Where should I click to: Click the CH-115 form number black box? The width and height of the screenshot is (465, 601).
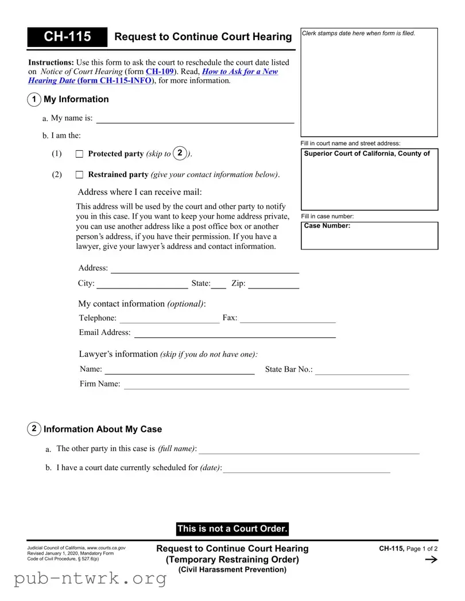pyautogui.click(x=67, y=37)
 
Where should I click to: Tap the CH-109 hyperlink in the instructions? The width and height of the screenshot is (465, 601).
pyautogui.click(x=160, y=72)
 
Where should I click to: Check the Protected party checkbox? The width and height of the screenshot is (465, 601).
pyautogui.click(x=79, y=154)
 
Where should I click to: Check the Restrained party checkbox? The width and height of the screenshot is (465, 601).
pyautogui.click(x=79, y=174)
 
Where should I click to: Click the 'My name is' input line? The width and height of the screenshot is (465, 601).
pyautogui.click(x=195, y=119)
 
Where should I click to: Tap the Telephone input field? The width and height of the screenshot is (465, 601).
pyautogui.click(x=169, y=318)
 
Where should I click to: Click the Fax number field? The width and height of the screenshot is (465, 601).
pyautogui.click(x=287, y=318)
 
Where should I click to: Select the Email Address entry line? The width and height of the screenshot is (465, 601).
pyautogui.click(x=234, y=333)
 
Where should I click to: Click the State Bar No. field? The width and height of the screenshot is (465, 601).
pyautogui.click(x=362, y=370)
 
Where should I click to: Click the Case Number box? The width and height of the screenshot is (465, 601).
pyautogui.click(x=369, y=236)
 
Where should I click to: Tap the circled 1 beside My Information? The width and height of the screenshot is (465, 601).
pyautogui.click(x=34, y=99)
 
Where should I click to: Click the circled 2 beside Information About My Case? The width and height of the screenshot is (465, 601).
pyautogui.click(x=34, y=429)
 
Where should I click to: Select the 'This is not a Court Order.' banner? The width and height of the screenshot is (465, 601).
pyautogui.click(x=232, y=529)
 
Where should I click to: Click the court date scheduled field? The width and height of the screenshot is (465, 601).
pyautogui.click(x=307, y=468)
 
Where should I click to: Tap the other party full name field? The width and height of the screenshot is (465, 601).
pyautogui.click(x=309, y=449)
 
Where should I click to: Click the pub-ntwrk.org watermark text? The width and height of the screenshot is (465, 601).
pyautogui.click(x=90, y=579)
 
